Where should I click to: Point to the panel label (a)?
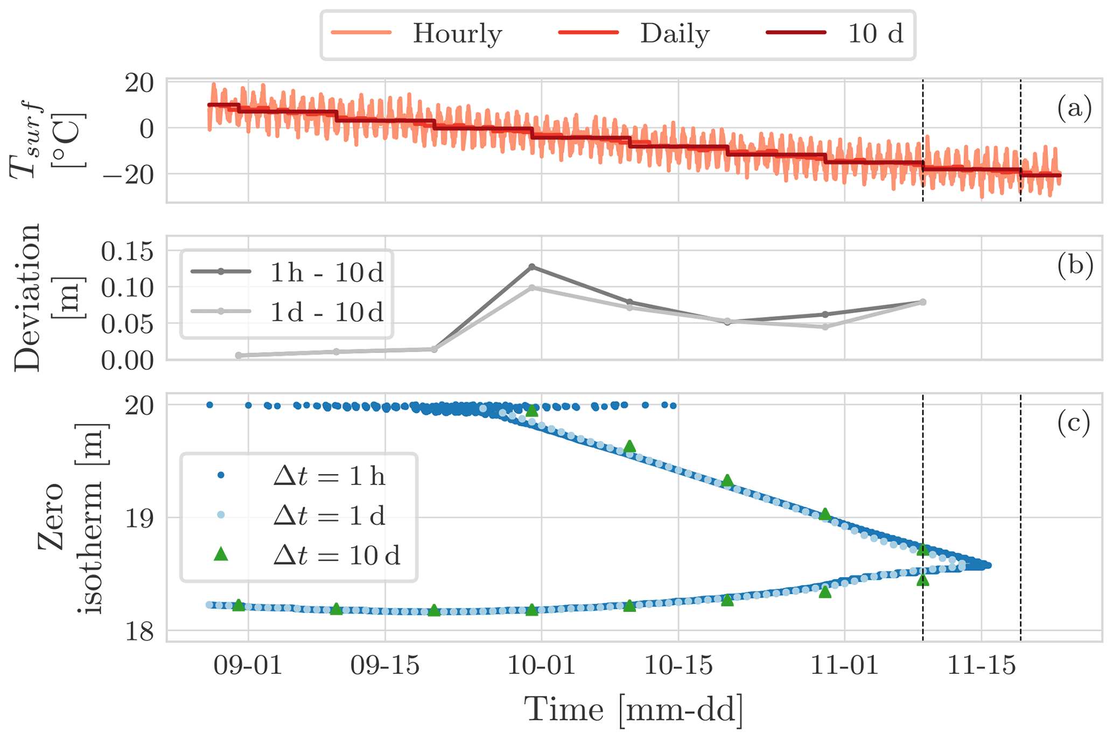(x=1074, y=109)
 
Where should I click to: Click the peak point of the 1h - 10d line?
(x=532, y=267)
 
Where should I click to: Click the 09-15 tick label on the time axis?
(x=385, y=667)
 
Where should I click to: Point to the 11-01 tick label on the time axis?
(x=844, y=667)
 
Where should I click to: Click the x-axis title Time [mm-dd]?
(x=634, y=710)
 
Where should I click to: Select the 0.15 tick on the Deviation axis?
(x=128, y=252)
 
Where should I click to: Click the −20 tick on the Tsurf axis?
(x=128, y=173)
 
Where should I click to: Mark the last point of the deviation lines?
(x=923, y=302)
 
